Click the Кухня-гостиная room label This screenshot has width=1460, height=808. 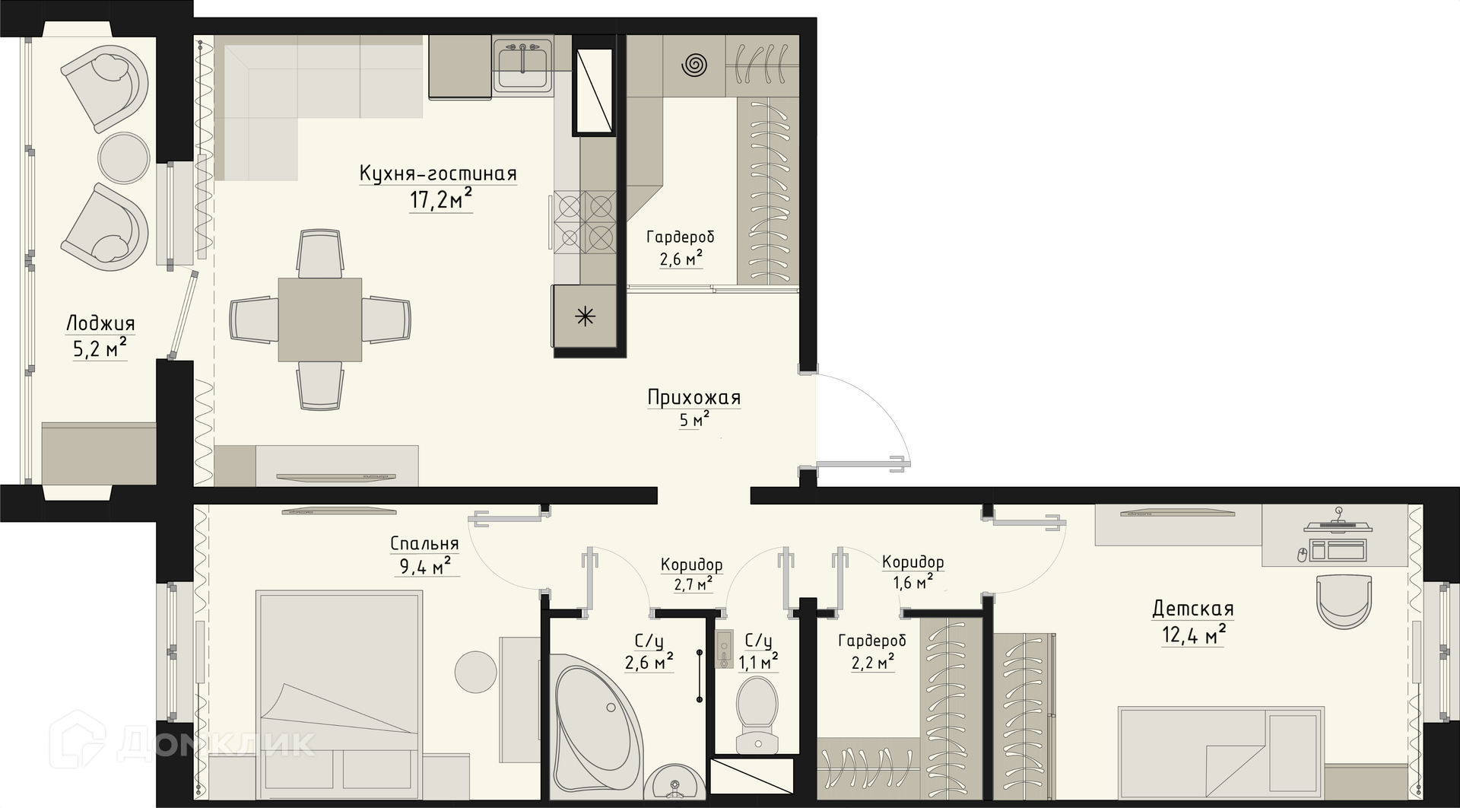[x=438, y=174]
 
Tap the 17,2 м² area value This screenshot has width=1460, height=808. [x=441, y=200]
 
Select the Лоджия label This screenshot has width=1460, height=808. [x=100, y=324]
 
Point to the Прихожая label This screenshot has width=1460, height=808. [x=694, y=397]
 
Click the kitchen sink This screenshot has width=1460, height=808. [x=523, y=65]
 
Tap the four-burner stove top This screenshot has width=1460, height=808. [x=585, y=221]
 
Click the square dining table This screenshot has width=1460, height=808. [x=320, y=320]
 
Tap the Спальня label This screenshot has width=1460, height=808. [x=424, y=543]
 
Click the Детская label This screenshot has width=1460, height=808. [x=1192, y=609]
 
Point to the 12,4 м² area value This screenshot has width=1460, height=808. [x=1194, y=635]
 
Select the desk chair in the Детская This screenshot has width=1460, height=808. [x=1344, y=601]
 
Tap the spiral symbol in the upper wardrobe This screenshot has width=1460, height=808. [x=693, y=65]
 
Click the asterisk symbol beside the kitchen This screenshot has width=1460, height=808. [x=586, y=317]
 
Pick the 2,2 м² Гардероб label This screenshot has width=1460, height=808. [x=872, y=652]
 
